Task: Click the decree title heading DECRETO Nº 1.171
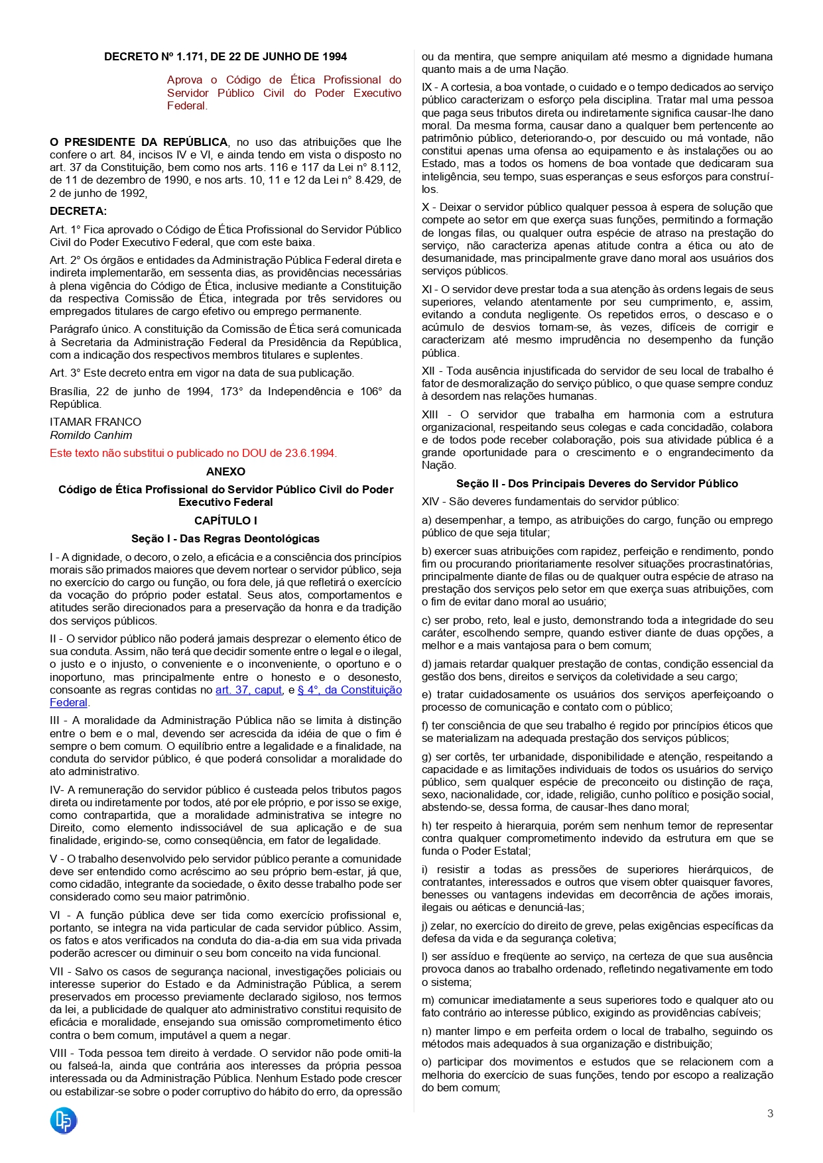225,57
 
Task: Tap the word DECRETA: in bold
78,212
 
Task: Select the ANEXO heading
225,471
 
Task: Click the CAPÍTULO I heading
225,520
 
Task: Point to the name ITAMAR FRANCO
95,422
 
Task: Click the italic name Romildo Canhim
91,435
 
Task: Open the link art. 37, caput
249,690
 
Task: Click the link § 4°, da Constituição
349,690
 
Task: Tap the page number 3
770,1114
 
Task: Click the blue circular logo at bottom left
64,1121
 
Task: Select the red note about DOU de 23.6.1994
193,454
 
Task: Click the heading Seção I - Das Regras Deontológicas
225,539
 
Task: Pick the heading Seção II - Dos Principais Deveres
597,484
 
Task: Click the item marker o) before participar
426,1062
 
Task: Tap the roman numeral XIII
430,415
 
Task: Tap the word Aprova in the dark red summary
185,80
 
